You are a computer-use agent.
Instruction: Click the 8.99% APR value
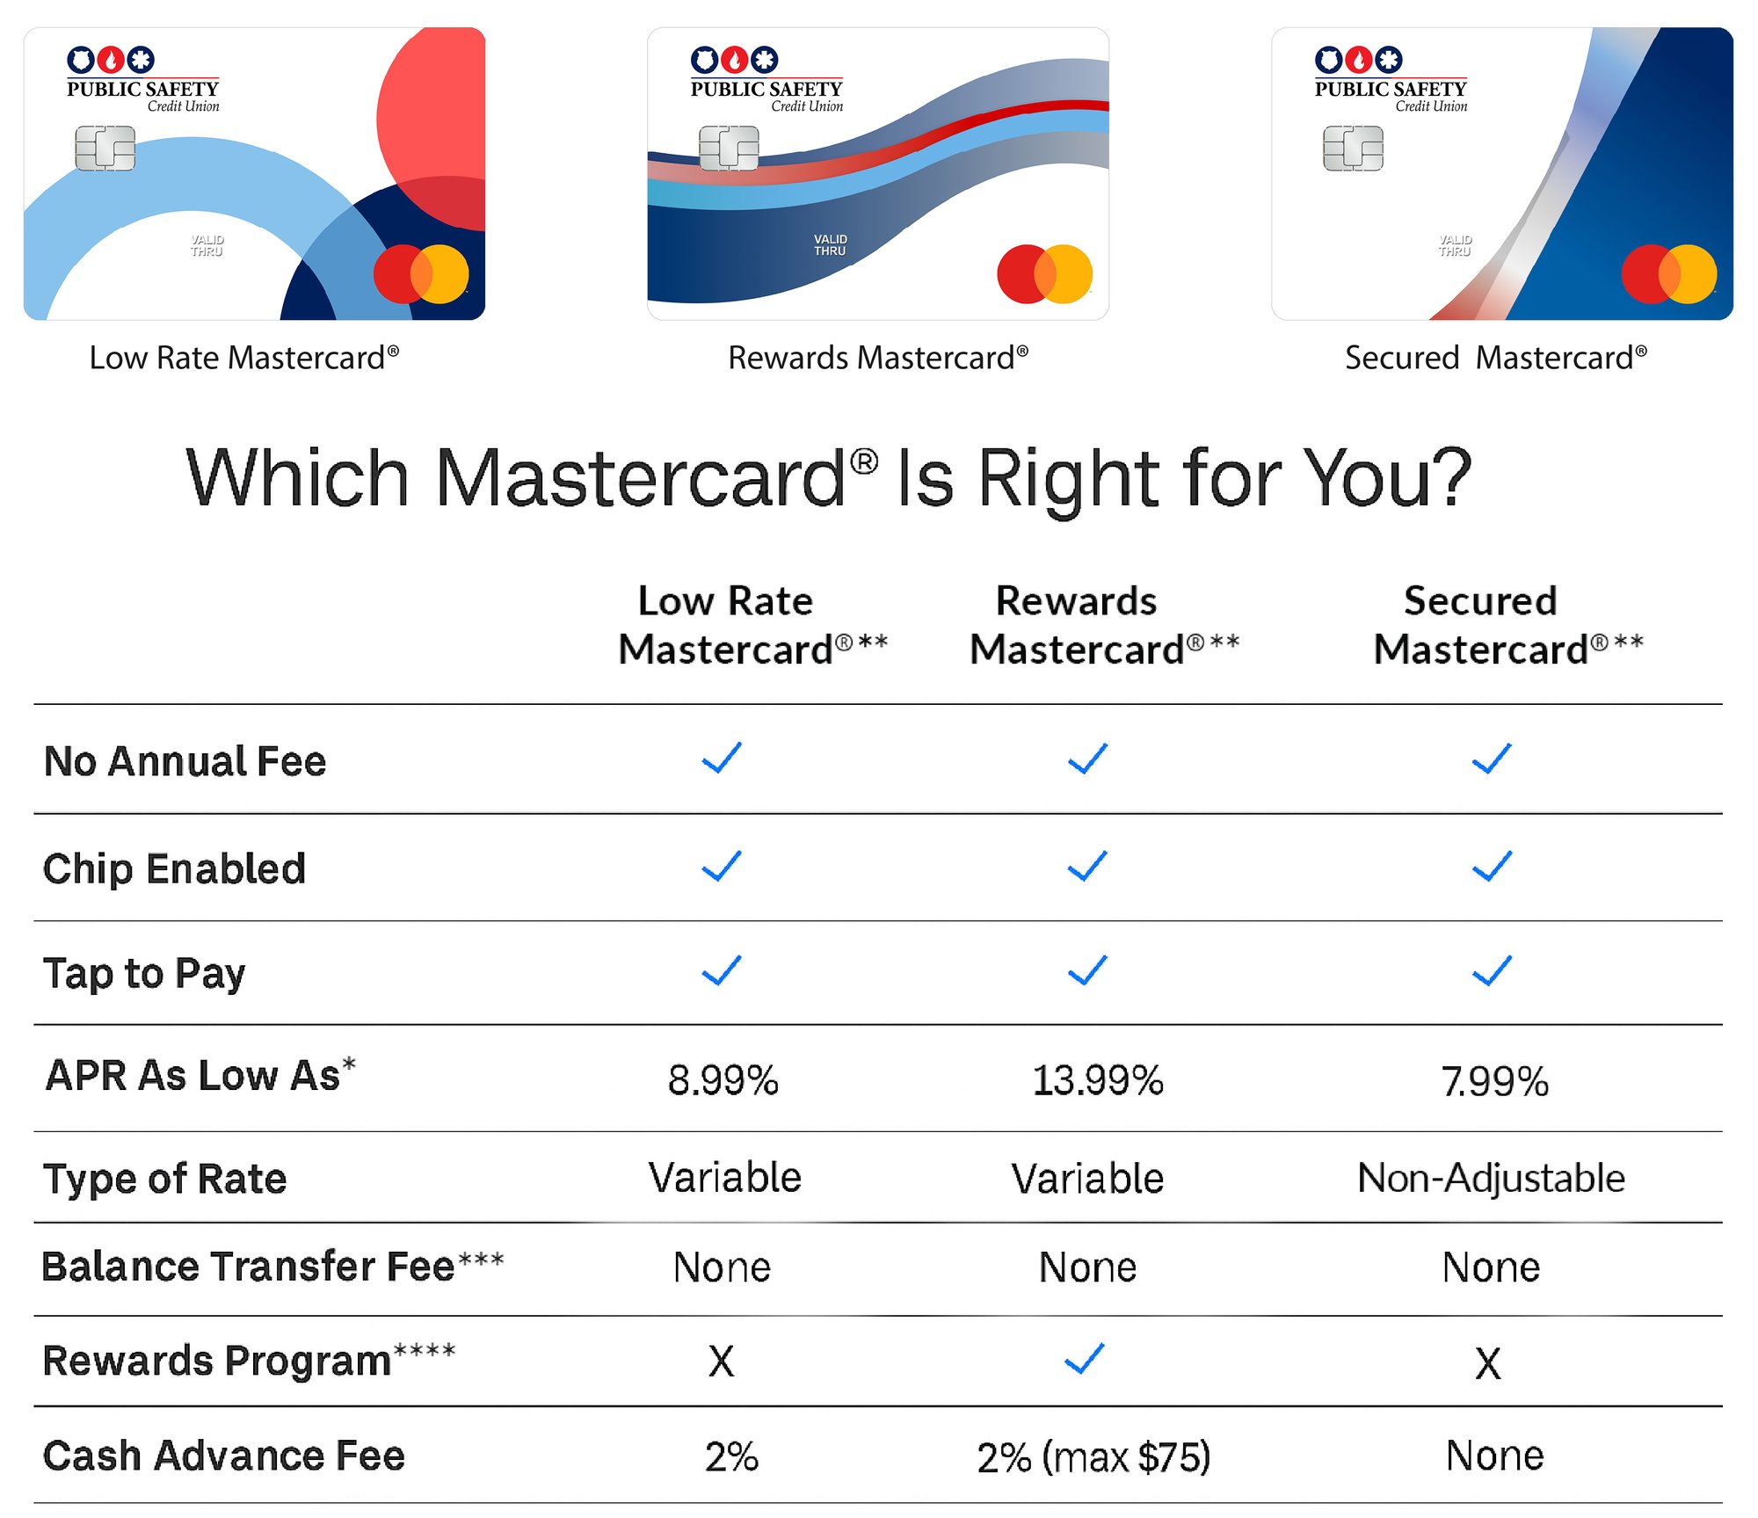723,1080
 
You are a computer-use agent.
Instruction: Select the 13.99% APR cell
1097,1080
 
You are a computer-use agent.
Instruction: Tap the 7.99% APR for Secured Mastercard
1494,1081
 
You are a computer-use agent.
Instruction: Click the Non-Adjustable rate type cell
1491,1178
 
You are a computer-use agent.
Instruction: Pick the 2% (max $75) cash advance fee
1093,1457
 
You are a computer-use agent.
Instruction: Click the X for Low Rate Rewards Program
721,1362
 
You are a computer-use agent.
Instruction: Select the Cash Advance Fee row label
224,1456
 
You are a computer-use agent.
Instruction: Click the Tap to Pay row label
145,974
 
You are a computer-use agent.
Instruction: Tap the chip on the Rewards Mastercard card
729,148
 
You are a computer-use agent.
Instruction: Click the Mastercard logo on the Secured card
1668,274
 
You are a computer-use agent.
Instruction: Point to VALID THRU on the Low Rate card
207,245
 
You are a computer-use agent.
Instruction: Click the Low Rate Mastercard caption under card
243,358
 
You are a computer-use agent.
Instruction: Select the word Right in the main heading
1068,479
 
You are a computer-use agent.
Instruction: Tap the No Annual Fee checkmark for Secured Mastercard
1492,758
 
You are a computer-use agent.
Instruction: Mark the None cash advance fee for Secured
1494,1456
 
